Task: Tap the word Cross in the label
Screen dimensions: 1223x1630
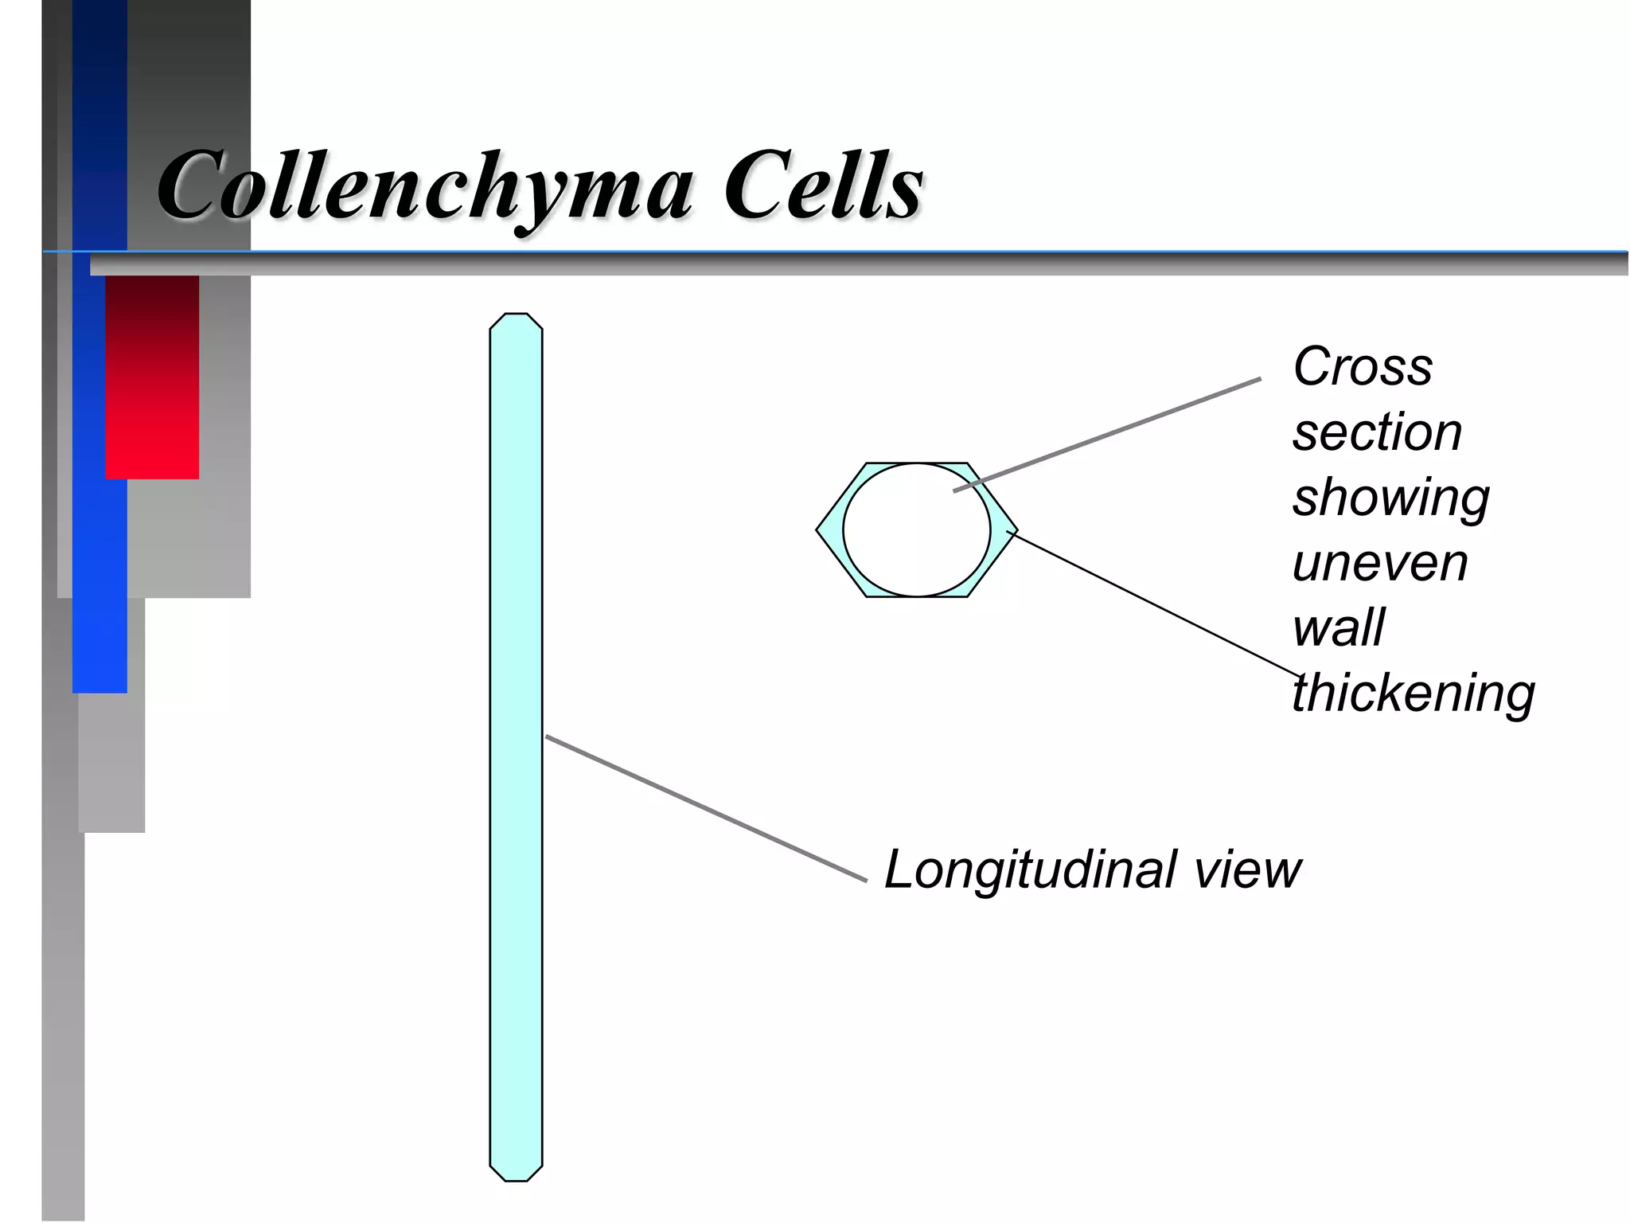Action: tap(1363, 367)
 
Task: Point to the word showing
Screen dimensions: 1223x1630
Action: tap(1390, 498)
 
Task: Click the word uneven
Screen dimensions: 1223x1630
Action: tap(1380, 563)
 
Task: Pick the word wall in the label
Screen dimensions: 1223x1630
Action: tap(1339, 627)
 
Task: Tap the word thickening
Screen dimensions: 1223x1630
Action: tap(1414, 693)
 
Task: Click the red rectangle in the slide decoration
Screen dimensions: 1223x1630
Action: tap(152, 377)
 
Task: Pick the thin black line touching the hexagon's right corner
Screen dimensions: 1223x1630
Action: tap(1154, 603)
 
